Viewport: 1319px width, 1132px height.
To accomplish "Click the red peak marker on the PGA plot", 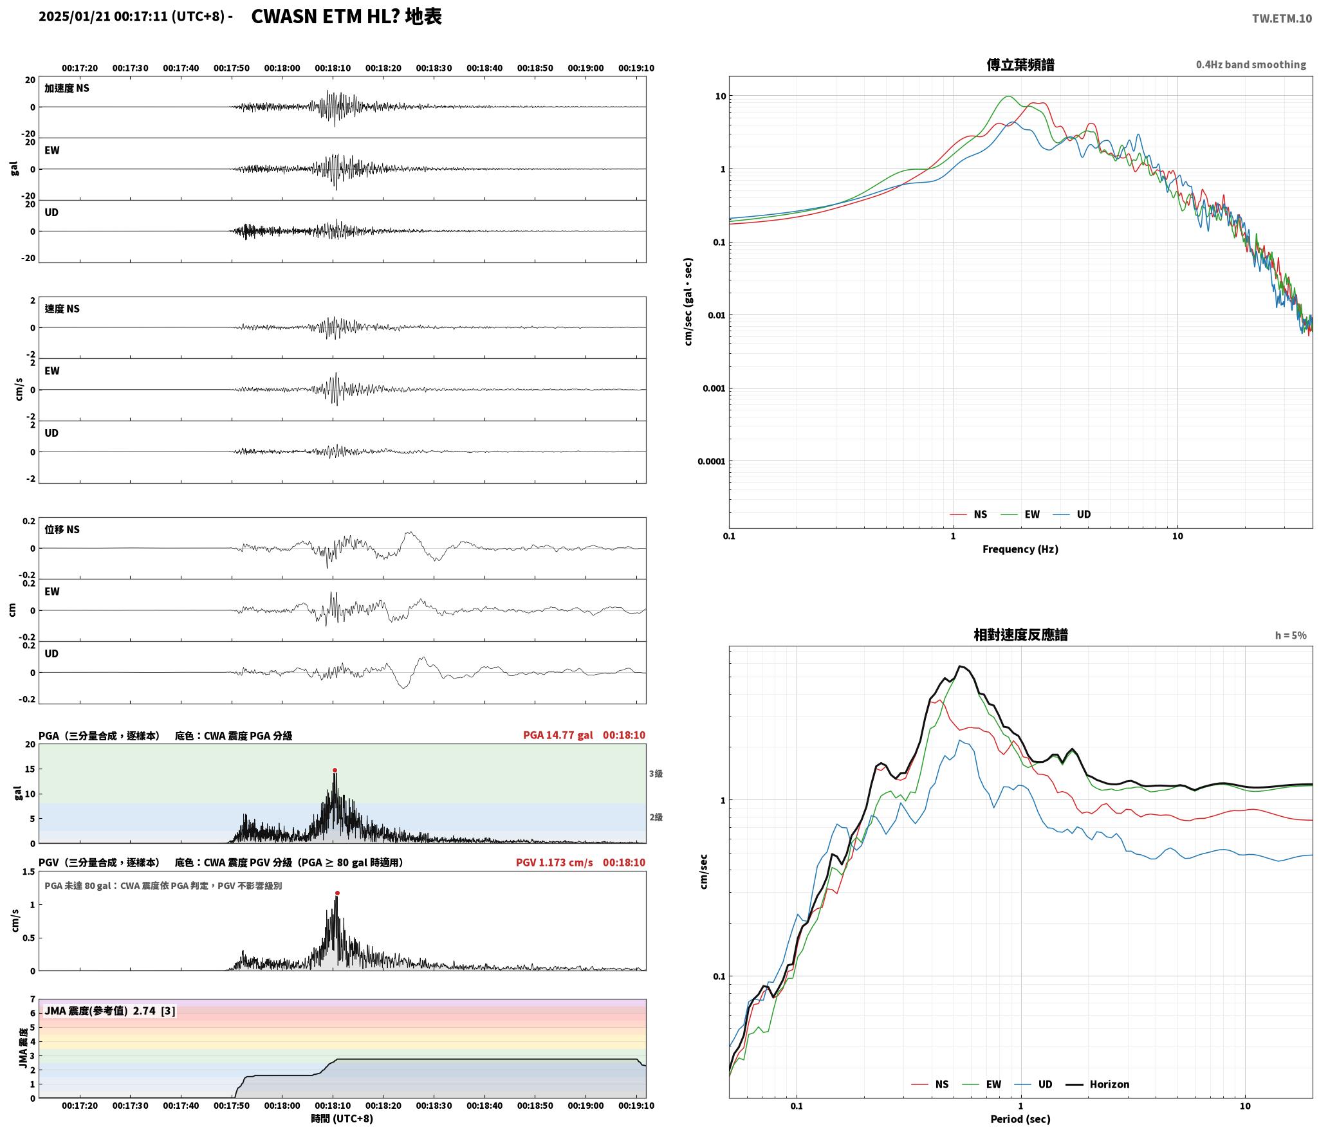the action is click(335, 770).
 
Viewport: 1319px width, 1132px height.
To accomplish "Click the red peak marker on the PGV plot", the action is click(337, 893).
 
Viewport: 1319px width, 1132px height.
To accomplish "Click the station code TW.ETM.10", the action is click(1282, 19).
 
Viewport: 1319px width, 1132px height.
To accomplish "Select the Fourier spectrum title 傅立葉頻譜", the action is click(1020, 64).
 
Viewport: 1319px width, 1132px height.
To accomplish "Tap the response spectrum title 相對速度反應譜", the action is click(1020, 635).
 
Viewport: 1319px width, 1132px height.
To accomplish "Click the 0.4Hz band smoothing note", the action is click(1251, 65).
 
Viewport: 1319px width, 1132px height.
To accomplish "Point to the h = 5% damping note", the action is click(1291, 635).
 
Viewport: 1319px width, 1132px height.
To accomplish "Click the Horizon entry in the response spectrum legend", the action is click(1109, 1084).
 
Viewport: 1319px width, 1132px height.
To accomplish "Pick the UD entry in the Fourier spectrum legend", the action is click(1084, 514).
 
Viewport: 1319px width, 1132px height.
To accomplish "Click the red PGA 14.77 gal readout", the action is click(558, 735).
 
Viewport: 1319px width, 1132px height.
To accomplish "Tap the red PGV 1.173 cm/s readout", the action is click(554, 862).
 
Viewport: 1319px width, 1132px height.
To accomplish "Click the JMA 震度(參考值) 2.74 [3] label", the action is click(109, 1010).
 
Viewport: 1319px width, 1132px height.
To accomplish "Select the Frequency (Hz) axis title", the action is click(1020, 549).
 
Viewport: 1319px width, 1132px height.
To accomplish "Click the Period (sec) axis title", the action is click(1020, 1118).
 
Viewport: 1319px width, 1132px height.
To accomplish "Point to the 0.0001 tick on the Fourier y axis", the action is click(711, 461).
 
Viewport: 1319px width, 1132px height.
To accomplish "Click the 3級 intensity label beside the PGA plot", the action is click(656, 774).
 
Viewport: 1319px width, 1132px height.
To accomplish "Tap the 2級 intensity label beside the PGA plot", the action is click(656, 817).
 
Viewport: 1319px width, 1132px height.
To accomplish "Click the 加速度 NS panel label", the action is click(67, 88).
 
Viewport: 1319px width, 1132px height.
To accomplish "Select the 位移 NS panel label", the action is click(62, 529).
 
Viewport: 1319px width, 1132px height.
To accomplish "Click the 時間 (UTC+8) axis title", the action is click(342, 1118).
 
